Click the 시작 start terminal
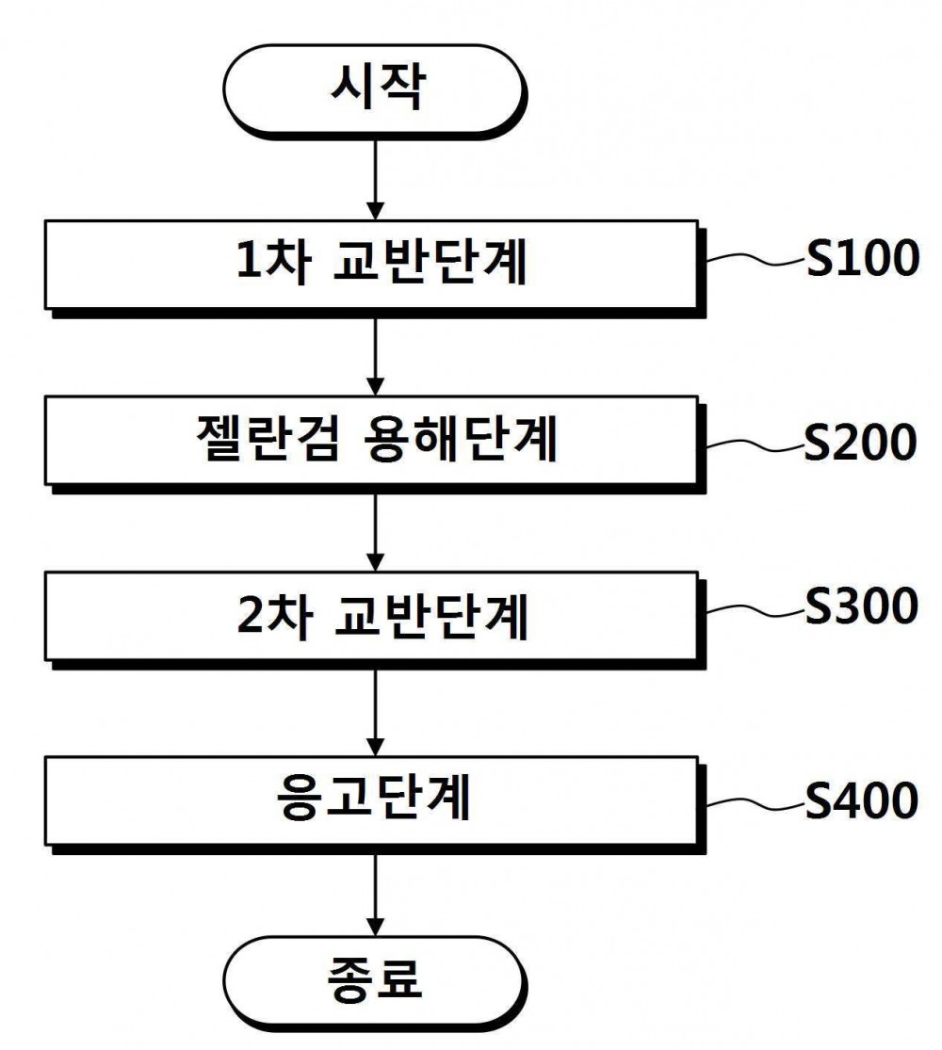point(375,89)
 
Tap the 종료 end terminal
point(375,980)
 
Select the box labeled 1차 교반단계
point(375,267)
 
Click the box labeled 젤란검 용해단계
point(375,443)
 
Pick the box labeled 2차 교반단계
point(375,618)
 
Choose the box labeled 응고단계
point(375,803)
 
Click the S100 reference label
point(862,258)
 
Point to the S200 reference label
point(860,442)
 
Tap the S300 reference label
point(862,606)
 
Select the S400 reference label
point(862,800)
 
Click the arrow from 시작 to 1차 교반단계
point(375,179)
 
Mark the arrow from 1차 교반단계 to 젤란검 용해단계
point(375,356)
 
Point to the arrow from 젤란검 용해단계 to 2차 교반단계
point(375,532)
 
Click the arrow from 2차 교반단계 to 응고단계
point(375,713)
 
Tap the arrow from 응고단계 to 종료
point(375,895)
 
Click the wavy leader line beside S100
point(755,259)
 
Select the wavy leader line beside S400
point(755,803)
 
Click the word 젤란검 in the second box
point(268,440)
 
